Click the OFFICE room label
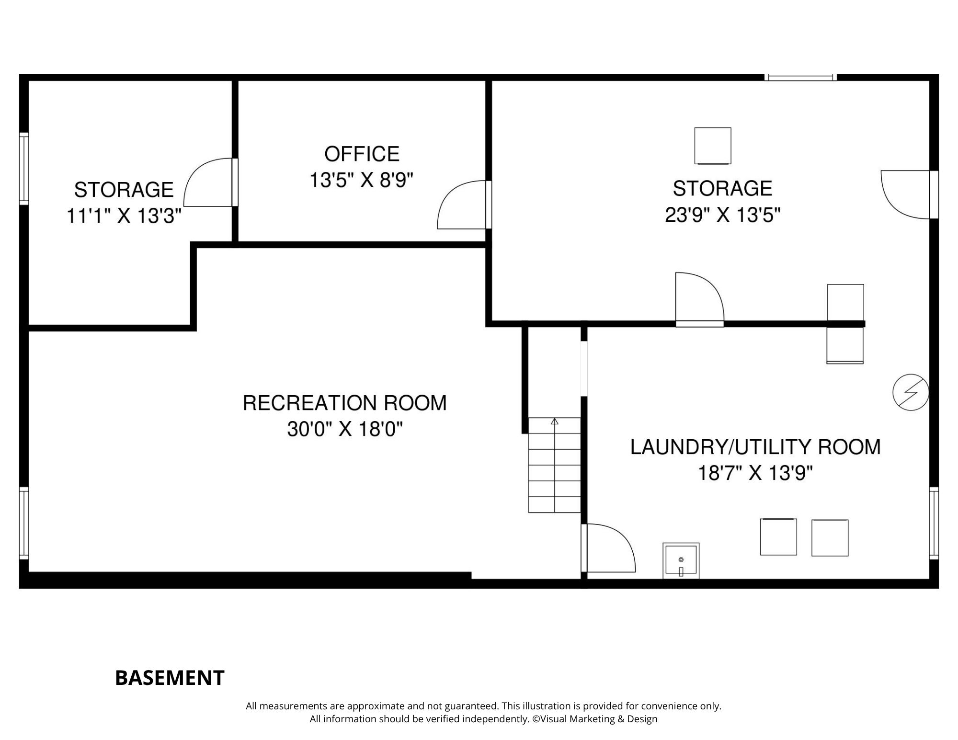pyautogui.click(x=362, y=154)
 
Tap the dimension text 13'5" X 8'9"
pyautogui.click(x=361, y=181)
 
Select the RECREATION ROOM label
pyautogui.click(x=344, y=403)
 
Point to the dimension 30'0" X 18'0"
pyautogui.click(x=344, y=429)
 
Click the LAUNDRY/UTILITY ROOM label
pyautogui.click(x=755, y=447)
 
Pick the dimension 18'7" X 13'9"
pyautogui.click(x=755, y=474)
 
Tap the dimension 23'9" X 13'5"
pyautogui.click(x=722, y=215)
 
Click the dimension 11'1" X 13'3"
pyautogui.click(x=124, y=216)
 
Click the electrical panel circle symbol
pyautogui.click(x=911, y=392)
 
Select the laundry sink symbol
pyautogui.click(x=681, y=560)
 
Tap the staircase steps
pyautogui.click(x=554, y=465)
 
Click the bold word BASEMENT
pyautogui.click(x=170, y=678)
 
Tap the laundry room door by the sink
pyautogui.click(x=608, y=548)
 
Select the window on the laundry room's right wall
pyautogui.click(x=934, y=523)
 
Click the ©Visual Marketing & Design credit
pyautogui.click(x=595, y=719)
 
